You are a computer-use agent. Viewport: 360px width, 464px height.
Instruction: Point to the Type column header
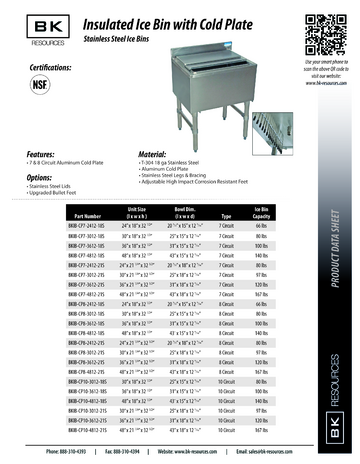point(226,216)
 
